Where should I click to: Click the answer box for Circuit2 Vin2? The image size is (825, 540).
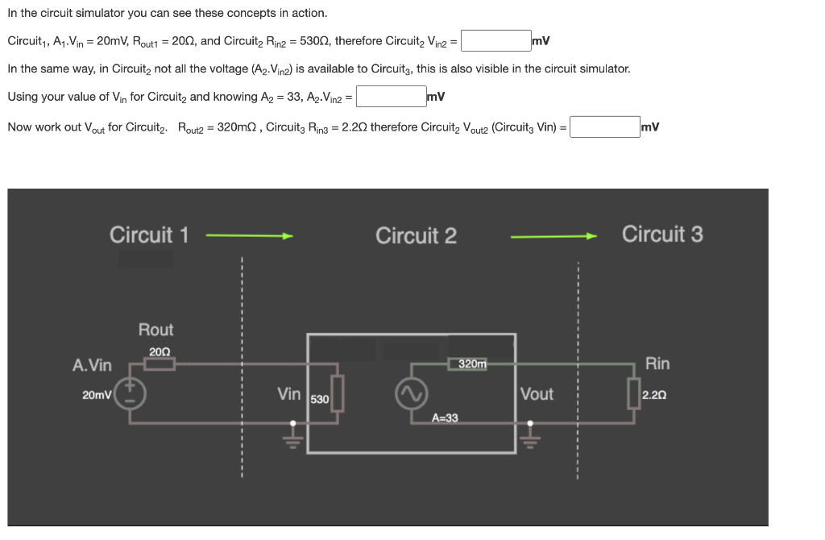tap(495, 40)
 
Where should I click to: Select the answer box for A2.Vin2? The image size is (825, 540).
tap(391, 97)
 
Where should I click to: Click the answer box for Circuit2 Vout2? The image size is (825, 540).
tap(605, 127)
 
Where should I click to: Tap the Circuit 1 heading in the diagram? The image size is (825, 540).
tap(149, 235)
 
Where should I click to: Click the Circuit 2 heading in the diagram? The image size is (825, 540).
tap(416, 236)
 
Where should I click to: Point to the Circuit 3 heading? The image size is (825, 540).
tap(662, 235)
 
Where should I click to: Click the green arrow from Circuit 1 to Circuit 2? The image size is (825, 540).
tap(249, 236)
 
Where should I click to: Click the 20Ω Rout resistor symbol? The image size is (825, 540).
tap(160, 364)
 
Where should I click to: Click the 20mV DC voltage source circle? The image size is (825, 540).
tap(132, 394)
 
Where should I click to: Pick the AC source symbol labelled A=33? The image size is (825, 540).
tap(408, 394)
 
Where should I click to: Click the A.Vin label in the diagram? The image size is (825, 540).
tap(92, 366)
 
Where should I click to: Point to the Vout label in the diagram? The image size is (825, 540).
tap(537, 394)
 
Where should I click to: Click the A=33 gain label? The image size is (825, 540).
tap(445, 417)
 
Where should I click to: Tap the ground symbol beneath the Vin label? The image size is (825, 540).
tap(293, 435)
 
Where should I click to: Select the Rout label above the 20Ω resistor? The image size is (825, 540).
tap(155, 330)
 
